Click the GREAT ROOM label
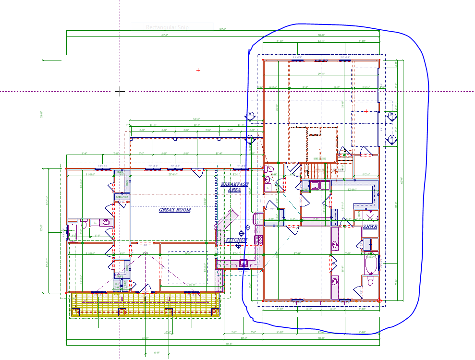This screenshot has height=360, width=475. [x=175, y=210]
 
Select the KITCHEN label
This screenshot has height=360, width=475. [x=236, y=240]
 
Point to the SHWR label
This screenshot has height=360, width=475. [x=370, y=226]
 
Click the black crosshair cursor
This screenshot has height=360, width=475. [x=120, y=91]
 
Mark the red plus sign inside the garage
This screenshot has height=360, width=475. [x=366, y=111]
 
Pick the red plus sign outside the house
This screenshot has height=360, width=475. [x=198, y=71]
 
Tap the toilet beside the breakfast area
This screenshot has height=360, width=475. [x=270, y=169]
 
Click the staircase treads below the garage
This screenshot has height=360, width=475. [x=317, y=169]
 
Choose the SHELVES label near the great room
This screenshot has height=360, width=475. [x=122, y=196]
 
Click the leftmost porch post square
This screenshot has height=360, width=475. [x=76, y=312]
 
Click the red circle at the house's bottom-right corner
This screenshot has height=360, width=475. [x=379, y=301]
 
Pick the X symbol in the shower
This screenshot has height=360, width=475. [x=369, y=215]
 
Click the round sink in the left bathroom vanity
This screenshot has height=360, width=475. [x=105, y=222]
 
